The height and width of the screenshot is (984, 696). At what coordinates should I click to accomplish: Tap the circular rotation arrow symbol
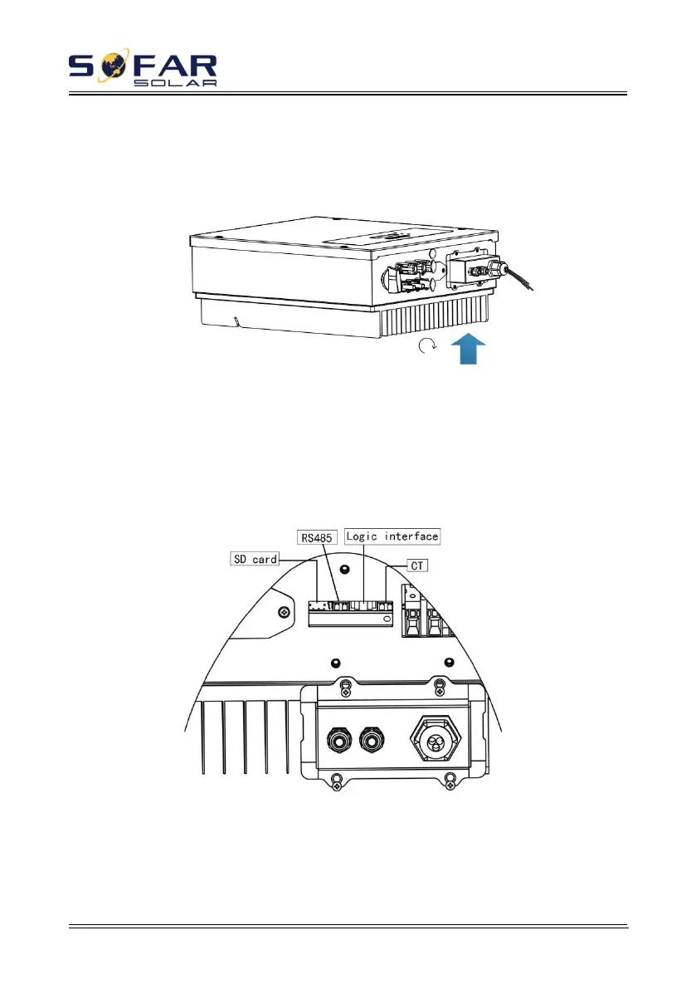coord(426,350)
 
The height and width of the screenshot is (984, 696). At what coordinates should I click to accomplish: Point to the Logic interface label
coord(392,536)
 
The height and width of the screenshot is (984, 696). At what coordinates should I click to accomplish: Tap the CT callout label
coord(418,565)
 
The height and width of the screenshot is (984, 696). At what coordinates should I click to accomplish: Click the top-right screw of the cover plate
coord(440,684)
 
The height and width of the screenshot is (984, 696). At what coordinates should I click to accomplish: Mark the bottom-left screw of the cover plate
coord(338,779)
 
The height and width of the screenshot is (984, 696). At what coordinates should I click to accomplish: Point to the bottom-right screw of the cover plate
coord(449,779)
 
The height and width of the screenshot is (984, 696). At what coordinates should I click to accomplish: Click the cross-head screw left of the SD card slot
coord(285,613)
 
